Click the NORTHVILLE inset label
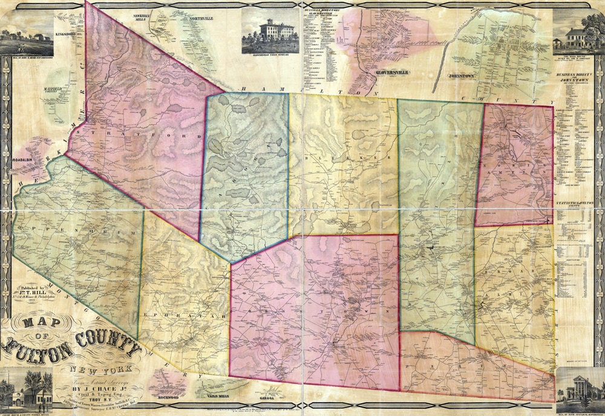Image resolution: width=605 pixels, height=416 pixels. coord(201,19)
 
